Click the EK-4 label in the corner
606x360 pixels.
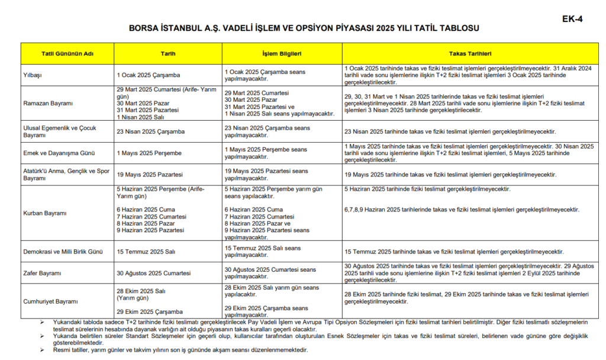coord(572,19)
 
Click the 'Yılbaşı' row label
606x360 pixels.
coord(32,75)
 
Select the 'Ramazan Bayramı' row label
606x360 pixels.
coord(47,103)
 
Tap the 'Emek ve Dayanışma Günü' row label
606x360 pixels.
coord(58,153)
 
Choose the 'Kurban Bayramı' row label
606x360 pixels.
coord(44,213)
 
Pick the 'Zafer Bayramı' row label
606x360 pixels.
coord(43,274)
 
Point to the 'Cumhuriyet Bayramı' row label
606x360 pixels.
coord(50,301)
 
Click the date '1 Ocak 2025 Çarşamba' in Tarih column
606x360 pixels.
coord(149,75)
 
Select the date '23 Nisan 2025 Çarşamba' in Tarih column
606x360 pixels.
coord(151,131)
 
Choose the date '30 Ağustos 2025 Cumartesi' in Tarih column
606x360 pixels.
coord(154,274)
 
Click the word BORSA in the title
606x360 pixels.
coord(146,28)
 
